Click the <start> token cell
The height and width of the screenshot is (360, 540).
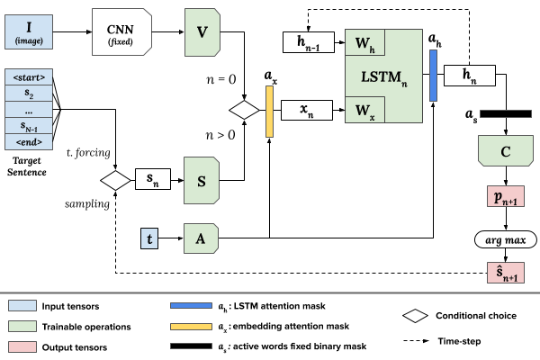tap(31, 76)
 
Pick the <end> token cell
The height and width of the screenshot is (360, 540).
tap(31, 141)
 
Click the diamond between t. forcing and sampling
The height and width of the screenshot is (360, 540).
tap(115, 177)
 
